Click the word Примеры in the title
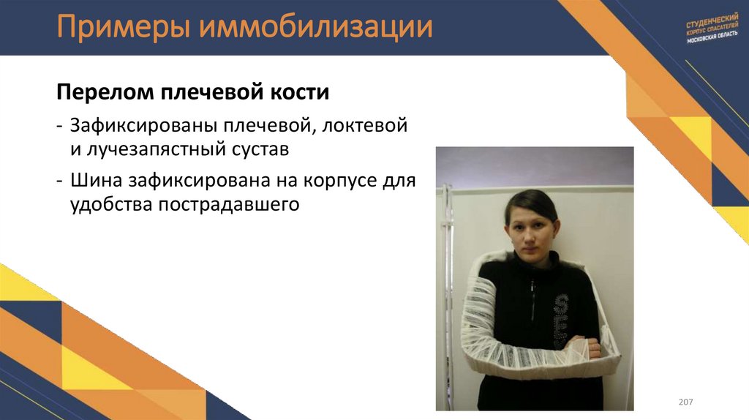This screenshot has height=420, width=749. pyautogui.click(x=112, y=28)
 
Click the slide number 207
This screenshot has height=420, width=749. pyautogui.click(x=685, y=402)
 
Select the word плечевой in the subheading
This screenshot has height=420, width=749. pyautogui.click(x=214, y=94)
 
